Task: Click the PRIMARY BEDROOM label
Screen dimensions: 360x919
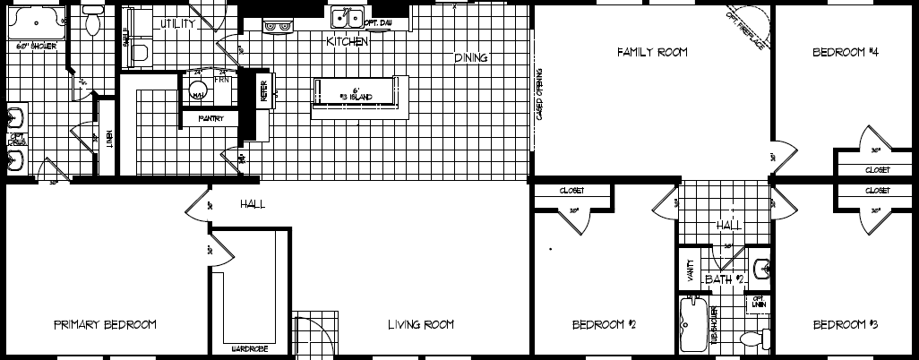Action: (105, 324)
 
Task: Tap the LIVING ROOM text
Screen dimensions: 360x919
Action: (421, 324)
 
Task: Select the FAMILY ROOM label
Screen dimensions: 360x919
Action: (652, 53)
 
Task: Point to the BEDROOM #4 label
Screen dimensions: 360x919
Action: (845, 53)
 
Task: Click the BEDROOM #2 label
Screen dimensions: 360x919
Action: (604, 324)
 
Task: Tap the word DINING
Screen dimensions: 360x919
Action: (470, 58)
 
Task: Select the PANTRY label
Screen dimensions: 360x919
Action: (211, 117)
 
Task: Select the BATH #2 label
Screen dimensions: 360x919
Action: (725, 279)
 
